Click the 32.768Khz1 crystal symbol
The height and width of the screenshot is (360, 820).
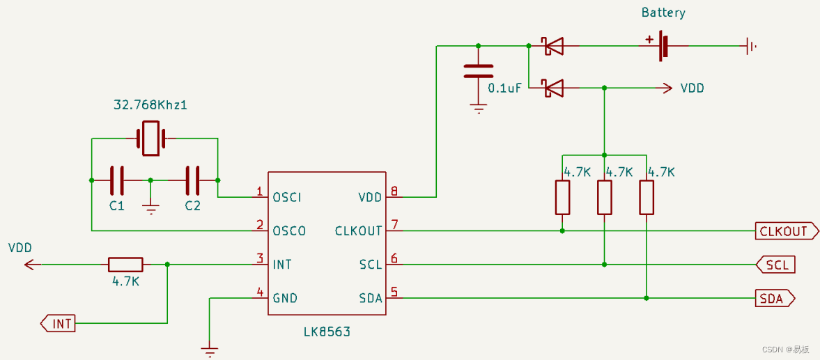pyautogui.click(x=150, y=139)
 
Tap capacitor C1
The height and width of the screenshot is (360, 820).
pyautogui.click(x=117, y=180)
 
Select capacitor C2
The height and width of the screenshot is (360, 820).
pyautogui.click(x=192, y=180)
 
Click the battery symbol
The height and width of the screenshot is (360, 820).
pyautogui.click(x=663, y=45)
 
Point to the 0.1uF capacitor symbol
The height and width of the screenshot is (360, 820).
pyautogui.click(x=478, y=72)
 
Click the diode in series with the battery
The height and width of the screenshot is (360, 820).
pyautogui.click(x=553, y=46)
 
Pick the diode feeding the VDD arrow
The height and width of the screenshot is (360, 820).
pyautogui.click(x=553, y=88)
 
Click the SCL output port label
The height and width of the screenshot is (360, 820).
pyautogui.click(x=775, y=265)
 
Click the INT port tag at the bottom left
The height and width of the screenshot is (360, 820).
pyautogui.click(x=58, y=323)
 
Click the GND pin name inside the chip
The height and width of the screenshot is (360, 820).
pyautogui.click(x=285, y=298)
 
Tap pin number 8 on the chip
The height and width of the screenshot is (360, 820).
pyautogui.click(x=394, y=191)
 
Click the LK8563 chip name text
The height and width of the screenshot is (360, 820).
pyautogui.click(x=327, y=331)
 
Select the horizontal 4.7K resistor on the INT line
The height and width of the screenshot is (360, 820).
pyautogui.click(x=125, y=265)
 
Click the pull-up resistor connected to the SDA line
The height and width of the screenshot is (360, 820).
pyautogui.click(x=647, y=198)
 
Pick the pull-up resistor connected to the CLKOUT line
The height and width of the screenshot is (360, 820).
pyautogui.click(x=562, y=198)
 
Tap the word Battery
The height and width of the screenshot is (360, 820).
pyautogui.click(x=664, y=13)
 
